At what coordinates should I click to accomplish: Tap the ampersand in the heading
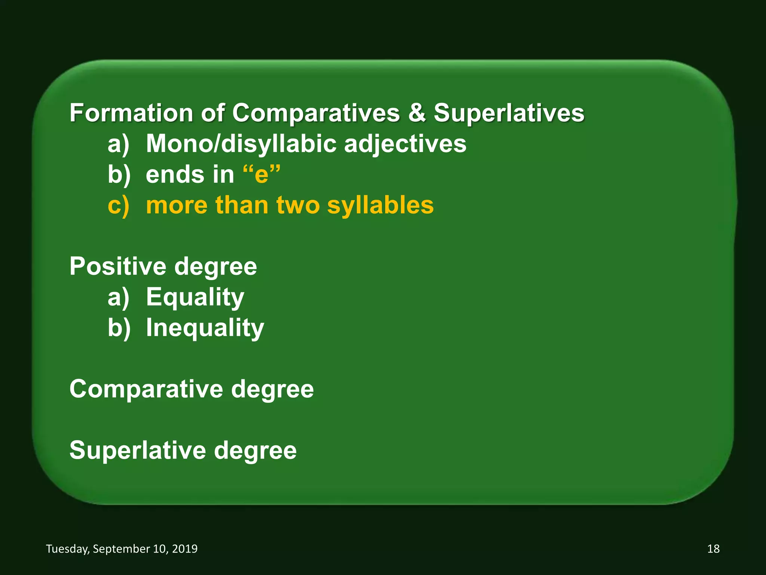[x=417, y=113]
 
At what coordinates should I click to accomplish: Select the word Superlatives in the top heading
[x=509, y=113]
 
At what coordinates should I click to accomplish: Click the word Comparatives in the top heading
[x=316, y=113]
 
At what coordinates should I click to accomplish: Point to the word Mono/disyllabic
[x=241, y=144]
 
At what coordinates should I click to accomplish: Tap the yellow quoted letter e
[x=261, y=175]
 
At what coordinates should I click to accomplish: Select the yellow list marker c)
[x=119, y=206]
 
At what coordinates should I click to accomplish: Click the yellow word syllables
[x=380, y=206]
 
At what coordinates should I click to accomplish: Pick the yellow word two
[x=298, y=206]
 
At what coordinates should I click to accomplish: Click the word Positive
[x=118, y=267]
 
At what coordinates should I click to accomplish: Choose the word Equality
[x=195, y=297]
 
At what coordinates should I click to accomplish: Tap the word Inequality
[x=205, y=328]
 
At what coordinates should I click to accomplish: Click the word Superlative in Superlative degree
[x=138, y=450]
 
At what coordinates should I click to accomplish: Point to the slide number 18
[x=713, y=549]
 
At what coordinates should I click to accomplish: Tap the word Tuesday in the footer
[x=68, y=549]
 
